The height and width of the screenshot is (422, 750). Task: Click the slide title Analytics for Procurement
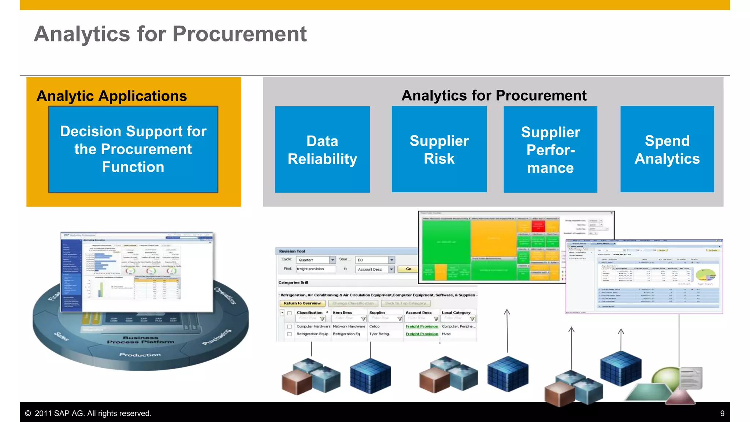coord(170,34)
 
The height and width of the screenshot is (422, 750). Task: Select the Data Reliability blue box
coord(322,149)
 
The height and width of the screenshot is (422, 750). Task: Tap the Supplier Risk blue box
coord(439,149)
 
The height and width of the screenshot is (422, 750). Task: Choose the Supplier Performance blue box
coord(550,149)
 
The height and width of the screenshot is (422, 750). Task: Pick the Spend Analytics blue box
coord(667,149)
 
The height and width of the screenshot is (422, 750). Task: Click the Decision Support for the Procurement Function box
coord(133,149)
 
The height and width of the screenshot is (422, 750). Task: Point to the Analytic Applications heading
coord(112,96)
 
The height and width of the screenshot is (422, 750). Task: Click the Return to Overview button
coord(302,303)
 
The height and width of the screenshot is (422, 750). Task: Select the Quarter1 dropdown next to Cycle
coord(316,260)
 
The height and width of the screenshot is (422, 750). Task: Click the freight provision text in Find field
coord(311,269)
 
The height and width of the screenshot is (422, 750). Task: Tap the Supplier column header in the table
coord(377,312)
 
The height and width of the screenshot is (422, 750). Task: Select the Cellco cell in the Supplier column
coord(374,326)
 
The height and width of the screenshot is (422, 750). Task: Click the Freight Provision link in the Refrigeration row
coord(422,334)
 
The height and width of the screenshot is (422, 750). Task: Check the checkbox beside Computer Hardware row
coord(290,326)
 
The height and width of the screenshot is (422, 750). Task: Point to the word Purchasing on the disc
coord(217,337)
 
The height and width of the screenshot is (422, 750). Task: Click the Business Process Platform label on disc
coord(141,340)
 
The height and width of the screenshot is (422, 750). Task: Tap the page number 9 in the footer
coord(722,413)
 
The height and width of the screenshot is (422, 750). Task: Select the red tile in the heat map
coord(538,226)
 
